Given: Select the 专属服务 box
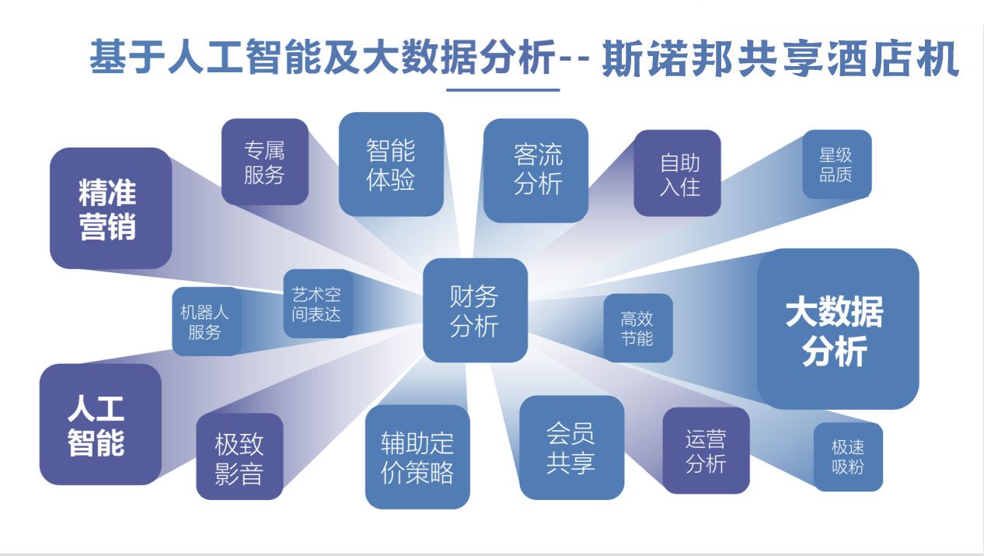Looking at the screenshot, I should [x=265, y=162].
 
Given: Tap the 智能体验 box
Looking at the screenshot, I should [x=391, y=164].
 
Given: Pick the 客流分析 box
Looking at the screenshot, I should [x=536, y=170].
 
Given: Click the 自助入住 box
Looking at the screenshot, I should [x=677, y=173].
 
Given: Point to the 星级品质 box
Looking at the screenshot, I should [x=836, y=164].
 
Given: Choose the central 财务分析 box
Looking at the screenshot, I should [x=475, y=310].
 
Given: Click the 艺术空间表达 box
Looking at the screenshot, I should [x=317, y=303].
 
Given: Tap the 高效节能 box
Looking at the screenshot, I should [x=637, y=327].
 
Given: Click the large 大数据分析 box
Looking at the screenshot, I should [x=837, y=329].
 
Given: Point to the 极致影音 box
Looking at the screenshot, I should [x=239, y=456].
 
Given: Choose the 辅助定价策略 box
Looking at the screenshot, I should [x=417, y=457].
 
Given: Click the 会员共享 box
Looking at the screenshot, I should [x=571, y=447].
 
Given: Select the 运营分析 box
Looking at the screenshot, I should [x=706, y=450].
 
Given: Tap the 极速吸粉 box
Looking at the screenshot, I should [x=848, y=456].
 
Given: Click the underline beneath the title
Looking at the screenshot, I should [x=503, y=90].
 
